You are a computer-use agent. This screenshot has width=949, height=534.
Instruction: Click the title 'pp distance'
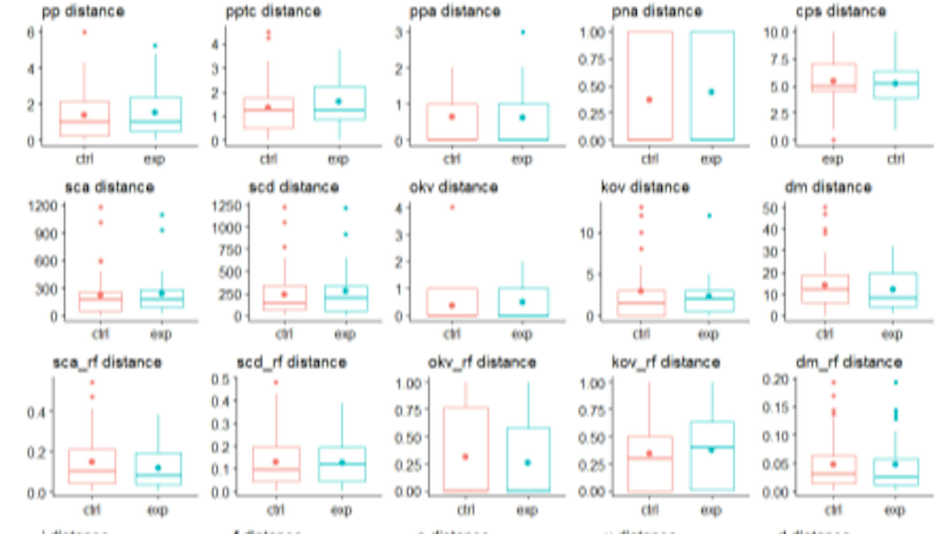pos(83,11)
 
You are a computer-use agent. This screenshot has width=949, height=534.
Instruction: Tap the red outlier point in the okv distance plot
pos(453,207)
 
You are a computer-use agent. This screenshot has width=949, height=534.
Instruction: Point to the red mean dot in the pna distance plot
pos(649,99)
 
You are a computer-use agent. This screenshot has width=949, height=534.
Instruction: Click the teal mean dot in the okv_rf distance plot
pos(528,463)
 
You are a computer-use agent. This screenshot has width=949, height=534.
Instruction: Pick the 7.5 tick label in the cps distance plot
pos(779,60)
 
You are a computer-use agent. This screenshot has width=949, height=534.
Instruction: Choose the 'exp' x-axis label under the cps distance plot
pos(833,159)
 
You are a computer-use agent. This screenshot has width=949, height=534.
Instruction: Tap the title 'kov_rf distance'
pos(666,362)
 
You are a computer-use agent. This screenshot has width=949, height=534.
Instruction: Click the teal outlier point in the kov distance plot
pos(709,216)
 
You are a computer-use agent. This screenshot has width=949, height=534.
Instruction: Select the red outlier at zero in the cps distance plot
pos(833,140)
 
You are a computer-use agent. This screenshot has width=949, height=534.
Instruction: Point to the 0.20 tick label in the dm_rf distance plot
pos(775,379)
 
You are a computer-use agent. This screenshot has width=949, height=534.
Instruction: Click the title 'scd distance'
pos(294,187)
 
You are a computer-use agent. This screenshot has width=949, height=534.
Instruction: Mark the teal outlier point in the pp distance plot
pos(155,46)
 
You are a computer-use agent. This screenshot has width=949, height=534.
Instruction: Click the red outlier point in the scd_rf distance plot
pos(276,382)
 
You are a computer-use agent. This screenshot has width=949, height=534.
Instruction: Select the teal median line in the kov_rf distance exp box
pos(712,447)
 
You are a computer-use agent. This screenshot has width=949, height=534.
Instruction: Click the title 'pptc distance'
pos(273,11)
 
